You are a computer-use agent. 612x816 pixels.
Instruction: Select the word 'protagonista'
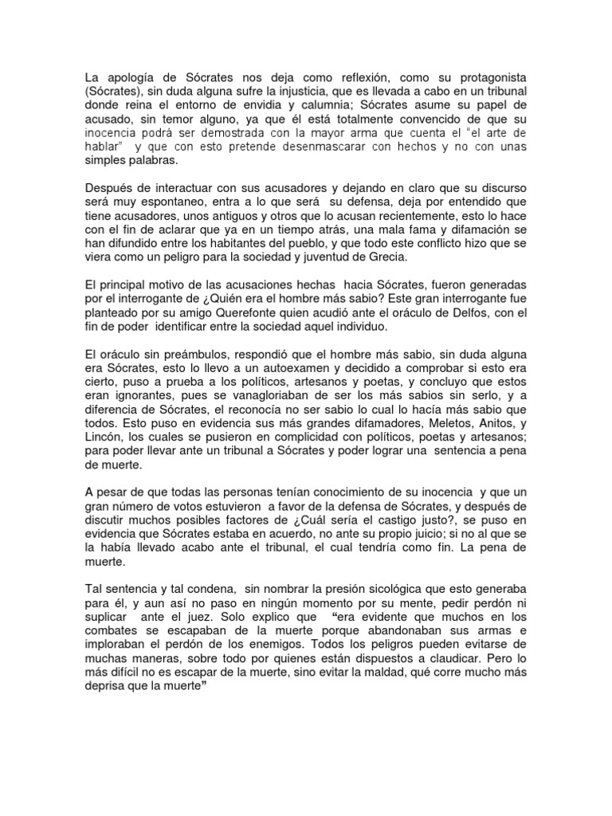tap(492, 76)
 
